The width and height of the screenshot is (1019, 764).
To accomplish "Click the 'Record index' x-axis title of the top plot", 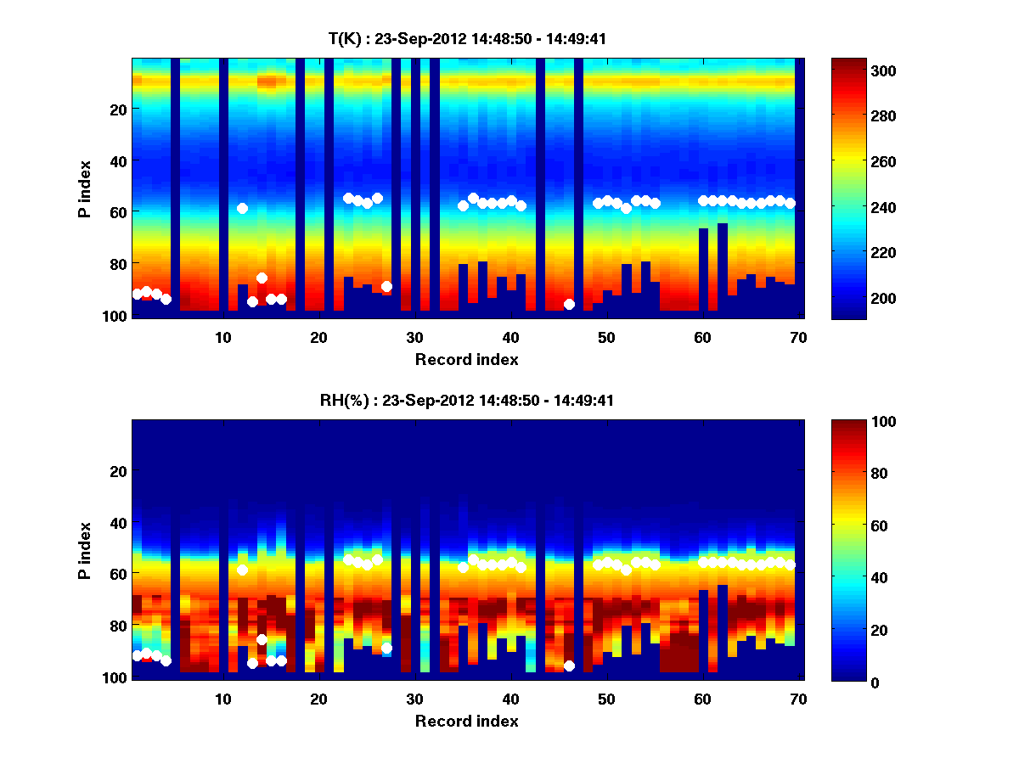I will (466, 359).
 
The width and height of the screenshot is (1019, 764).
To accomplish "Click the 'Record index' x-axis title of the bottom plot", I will (466, 721).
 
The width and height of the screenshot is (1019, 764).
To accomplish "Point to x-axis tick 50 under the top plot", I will (606, 337).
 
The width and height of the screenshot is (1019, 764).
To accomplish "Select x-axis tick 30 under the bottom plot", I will (414, 699).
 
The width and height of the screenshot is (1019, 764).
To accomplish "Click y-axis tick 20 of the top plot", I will (118, 109).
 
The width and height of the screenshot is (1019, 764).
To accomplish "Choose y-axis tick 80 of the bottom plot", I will (118, 626).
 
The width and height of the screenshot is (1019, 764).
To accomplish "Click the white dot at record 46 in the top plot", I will (569, 304).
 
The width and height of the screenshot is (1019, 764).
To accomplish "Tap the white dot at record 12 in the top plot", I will (242, 208).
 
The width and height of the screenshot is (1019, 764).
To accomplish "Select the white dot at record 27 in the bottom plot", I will (386, 648).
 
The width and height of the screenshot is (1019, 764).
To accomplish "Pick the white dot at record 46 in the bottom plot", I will (569, 666).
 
